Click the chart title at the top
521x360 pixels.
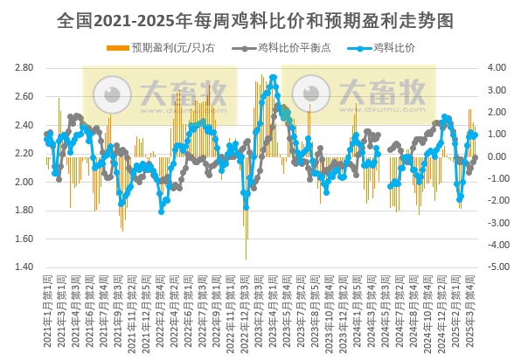(260, 18)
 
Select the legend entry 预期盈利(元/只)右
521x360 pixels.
(166, 48)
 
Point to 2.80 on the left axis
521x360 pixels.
(24, 68)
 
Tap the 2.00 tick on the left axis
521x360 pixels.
(24, 182)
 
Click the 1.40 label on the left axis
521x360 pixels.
(24, 267)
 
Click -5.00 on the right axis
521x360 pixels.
(496, 267)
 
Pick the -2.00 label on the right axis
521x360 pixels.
(496, 201)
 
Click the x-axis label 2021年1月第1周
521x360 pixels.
(47, 310)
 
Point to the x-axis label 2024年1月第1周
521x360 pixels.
(347, 310)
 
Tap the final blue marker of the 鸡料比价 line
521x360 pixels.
(475, 135)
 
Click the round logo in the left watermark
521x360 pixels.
(111, 92)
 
